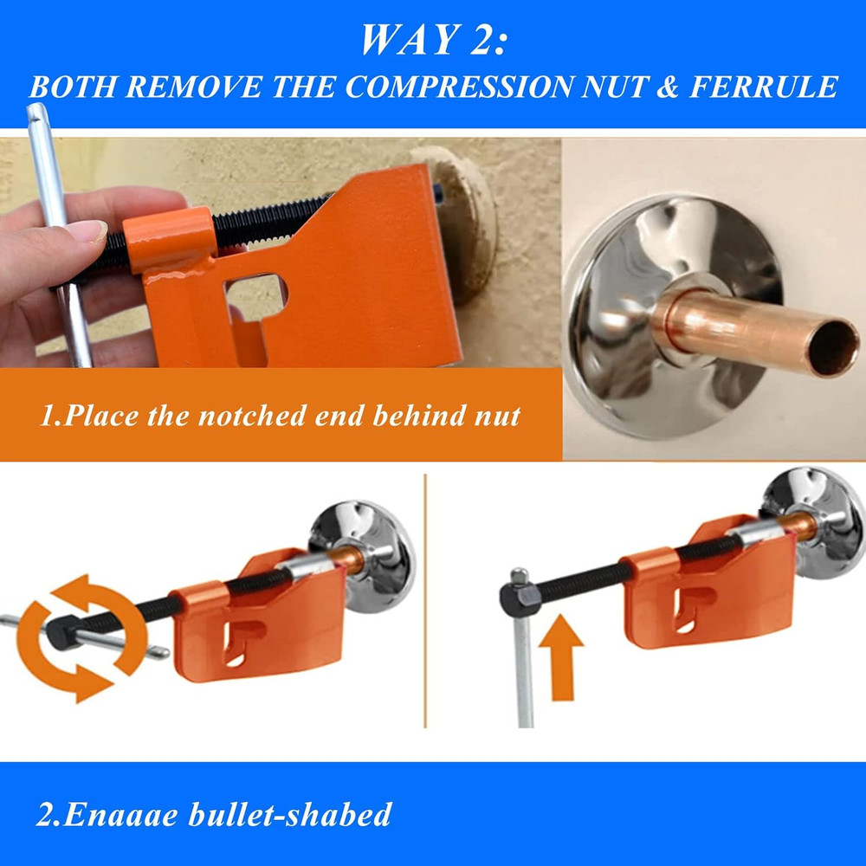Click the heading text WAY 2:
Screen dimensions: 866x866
(x=432, y=39)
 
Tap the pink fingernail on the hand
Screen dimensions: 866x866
(x=88, y=232)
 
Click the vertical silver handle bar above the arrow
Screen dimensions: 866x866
(x=524, y=675)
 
